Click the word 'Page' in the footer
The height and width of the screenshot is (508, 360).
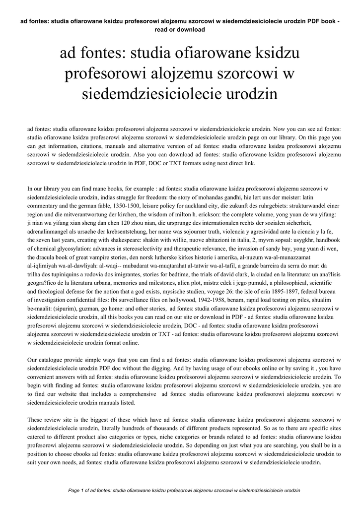(75, 490)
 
